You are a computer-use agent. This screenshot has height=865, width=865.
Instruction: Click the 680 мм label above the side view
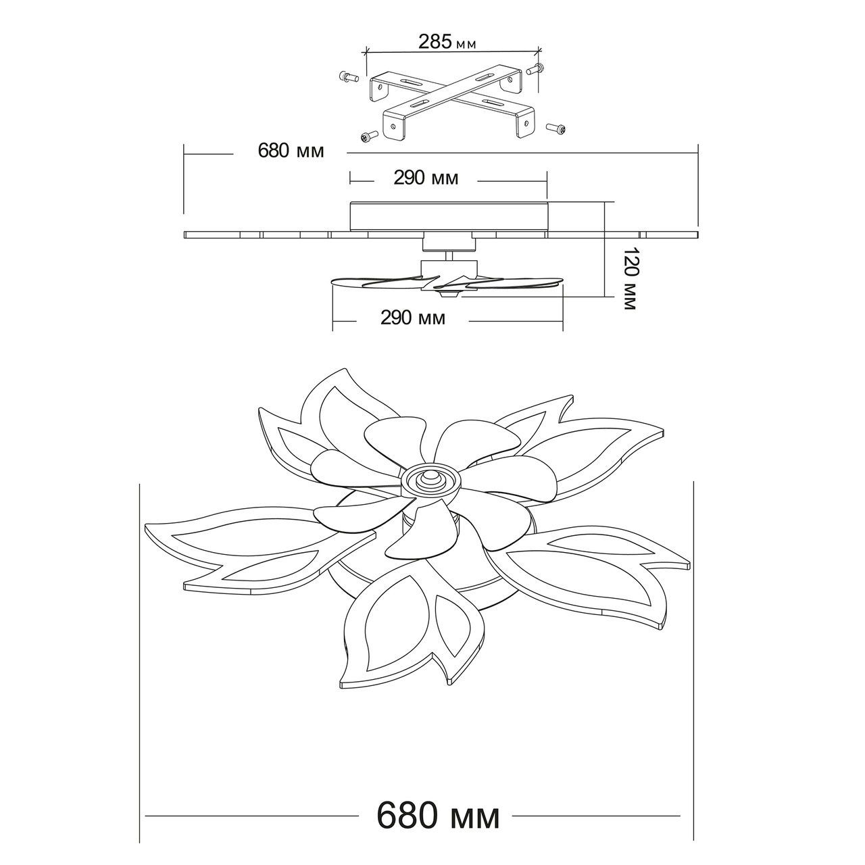(291, 151)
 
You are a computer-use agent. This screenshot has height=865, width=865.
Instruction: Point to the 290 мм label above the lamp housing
(426, 178)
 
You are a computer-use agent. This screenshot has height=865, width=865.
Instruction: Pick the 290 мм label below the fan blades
(413, 318)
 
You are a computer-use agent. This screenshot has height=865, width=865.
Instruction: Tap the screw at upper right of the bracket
(535, 69)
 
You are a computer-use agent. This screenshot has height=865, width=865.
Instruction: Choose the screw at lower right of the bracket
(557, 128)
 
